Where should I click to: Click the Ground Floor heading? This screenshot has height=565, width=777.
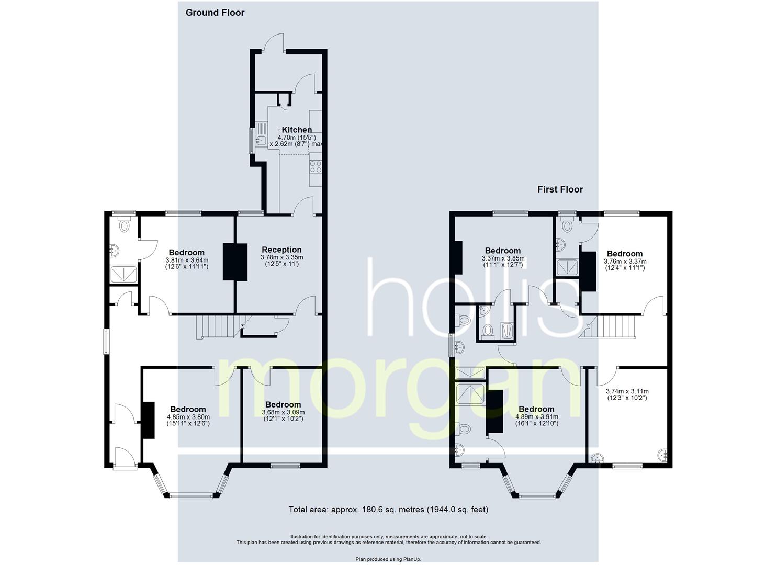click(215, 13)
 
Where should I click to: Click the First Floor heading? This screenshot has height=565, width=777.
click(560, 189)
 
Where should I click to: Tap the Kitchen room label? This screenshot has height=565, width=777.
click(297, 130)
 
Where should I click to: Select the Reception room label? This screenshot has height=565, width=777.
click(281, 250)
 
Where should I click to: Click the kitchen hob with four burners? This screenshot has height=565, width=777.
click(316, 166)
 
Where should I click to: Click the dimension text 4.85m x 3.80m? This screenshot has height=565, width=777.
click(188, 417)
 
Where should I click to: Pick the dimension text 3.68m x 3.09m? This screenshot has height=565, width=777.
click(283, 412)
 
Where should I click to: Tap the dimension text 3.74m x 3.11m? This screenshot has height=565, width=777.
click(627, 391)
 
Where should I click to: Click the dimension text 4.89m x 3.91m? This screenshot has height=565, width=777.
click(537, 417)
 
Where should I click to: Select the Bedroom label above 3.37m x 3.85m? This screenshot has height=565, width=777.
click(503, 251)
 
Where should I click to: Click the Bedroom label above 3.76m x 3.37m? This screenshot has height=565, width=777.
click(625, 254)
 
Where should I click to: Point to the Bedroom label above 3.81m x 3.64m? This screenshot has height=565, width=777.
click(187, 253)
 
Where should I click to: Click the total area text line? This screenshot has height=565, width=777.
click(388, 510)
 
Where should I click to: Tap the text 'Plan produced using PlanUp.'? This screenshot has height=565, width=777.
click(388, 559)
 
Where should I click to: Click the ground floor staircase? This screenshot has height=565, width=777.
click(221, 327)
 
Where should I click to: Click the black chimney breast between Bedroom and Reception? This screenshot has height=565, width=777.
click(235, 262)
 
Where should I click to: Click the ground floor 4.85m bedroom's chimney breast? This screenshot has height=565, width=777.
click(148, 421)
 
